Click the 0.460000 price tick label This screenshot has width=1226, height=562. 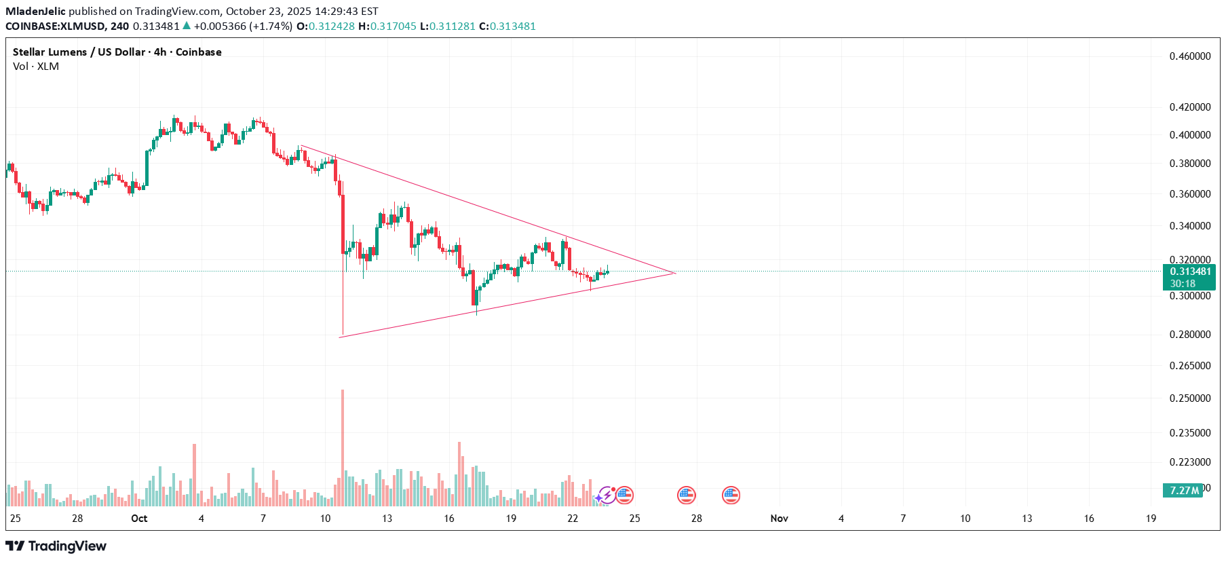coord(1189,56)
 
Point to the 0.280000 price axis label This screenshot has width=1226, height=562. coord(1189,335)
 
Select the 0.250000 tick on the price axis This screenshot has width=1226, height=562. coord(1189,398)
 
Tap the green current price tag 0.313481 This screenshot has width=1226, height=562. coord(1190,271)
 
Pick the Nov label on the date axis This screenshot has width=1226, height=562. coord(779,519)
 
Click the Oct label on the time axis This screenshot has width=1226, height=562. coord(139,519)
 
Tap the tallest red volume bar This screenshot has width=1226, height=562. coord(343,447)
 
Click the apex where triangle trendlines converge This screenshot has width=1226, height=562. coord(675,273)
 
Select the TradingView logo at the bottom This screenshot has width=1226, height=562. coord(56,546)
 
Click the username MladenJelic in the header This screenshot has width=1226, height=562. coord(35,12)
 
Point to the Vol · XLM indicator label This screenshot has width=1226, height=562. coord(36,67)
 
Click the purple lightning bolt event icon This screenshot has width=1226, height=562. coord(606,495)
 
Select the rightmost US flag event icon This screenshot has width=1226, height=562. coord(730,495)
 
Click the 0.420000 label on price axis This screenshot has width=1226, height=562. coord(1189,107)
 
